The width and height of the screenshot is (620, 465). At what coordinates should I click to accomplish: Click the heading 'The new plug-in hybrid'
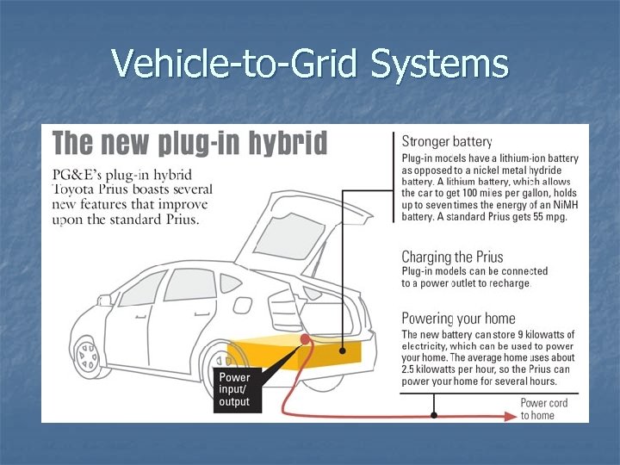pyautogui.click(x=190, y=143)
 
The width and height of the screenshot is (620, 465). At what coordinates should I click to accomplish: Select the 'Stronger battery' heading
pyautogui.click(x=447, y=141)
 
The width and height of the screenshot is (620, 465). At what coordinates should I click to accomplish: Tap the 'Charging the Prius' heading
pyautogui.click(x=452, y=257)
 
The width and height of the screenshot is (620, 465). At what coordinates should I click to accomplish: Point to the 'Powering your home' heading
pyautogui.click(x=459, y=319)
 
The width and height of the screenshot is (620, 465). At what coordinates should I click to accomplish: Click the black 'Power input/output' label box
pyautogui.click(x=235, y=389)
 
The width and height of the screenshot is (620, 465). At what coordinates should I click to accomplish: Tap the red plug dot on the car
pyautogui.click(x=304, y=340)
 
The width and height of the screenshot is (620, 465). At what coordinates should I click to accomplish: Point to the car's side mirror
pyautogui.click(x=105, y=301)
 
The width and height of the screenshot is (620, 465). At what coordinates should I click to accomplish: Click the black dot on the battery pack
pyautogui.click(x=344, y=350)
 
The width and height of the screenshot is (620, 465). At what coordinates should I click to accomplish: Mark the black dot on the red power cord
pyautogui.click(x=434, y=414)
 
